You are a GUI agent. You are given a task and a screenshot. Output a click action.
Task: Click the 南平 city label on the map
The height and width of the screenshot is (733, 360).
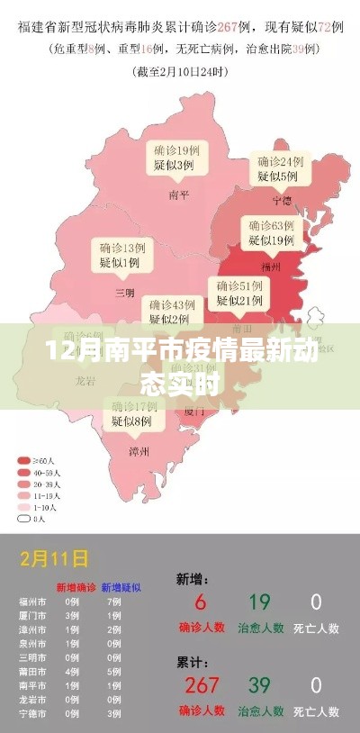(x=178, y=193)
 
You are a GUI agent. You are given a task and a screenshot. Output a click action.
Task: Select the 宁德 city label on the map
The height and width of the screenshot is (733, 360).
(x=283, y=200)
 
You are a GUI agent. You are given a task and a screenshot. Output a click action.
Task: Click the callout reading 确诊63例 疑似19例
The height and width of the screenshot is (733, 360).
(x=271, y=232)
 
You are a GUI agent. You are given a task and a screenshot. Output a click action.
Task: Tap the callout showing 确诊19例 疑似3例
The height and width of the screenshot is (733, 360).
(x=175, y=158)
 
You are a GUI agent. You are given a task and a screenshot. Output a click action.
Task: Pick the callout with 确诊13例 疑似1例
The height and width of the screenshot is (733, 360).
(x=120, y=254)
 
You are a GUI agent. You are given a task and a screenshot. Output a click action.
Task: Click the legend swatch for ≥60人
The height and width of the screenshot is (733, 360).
(x=22, y=458)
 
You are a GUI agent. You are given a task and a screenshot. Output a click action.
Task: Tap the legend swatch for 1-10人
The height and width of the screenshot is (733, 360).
(x=22, y=506)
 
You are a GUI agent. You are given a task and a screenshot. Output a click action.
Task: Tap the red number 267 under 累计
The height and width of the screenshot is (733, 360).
(x=201, y=685)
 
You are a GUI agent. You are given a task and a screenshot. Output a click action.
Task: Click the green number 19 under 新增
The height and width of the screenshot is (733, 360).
(x=259, y=602)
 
